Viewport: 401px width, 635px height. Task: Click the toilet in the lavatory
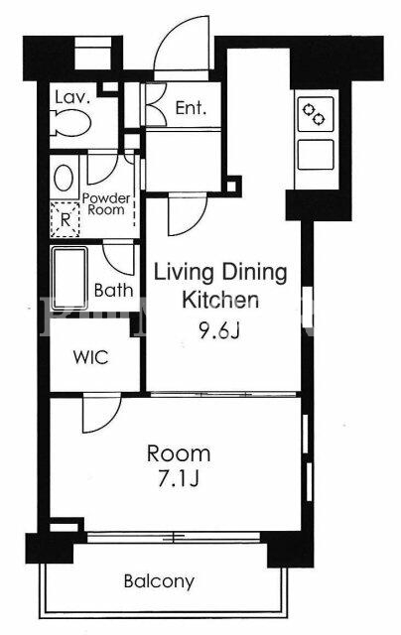pyautogui.click(x=71, y=123)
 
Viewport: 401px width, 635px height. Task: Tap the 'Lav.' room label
pyautogui.click(x=72, y=97)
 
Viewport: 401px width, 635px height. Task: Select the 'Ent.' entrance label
pyautogui.click(x=191, y=108)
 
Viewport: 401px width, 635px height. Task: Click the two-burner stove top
pyautogui.click(x=316, y=114)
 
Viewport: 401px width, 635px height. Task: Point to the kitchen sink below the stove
pyautogui.click(x=316, y=155)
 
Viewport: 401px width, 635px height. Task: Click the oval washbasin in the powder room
pyautogui.click(x=64, y=178)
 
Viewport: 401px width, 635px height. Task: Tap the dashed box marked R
pyautogui.click(x=65, y=220)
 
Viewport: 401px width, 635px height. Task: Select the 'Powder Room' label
pyautogui.click(x=106, y=204)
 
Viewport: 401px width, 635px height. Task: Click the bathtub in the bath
pyautogui.click(x=69, y=278)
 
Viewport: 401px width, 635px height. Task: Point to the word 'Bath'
pyautogui.click(x=113, y=290)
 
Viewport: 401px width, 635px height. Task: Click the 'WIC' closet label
pyautogui.click(x=91, y=357)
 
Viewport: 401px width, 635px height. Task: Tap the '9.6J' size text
pyautogui.click(x=219, y=331)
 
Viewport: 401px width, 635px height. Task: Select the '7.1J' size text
pyautogui.click(x=179, y=480)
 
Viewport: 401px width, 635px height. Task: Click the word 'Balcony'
pyautogui.click(x=159, y=582)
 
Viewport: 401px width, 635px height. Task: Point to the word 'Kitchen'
pyautogui.click(x=220, y=300)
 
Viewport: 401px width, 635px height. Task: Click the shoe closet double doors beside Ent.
pyautogui.click(x=156, y=105)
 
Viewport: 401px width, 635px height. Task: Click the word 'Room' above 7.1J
pyautogui.click(x=179, y=453)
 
